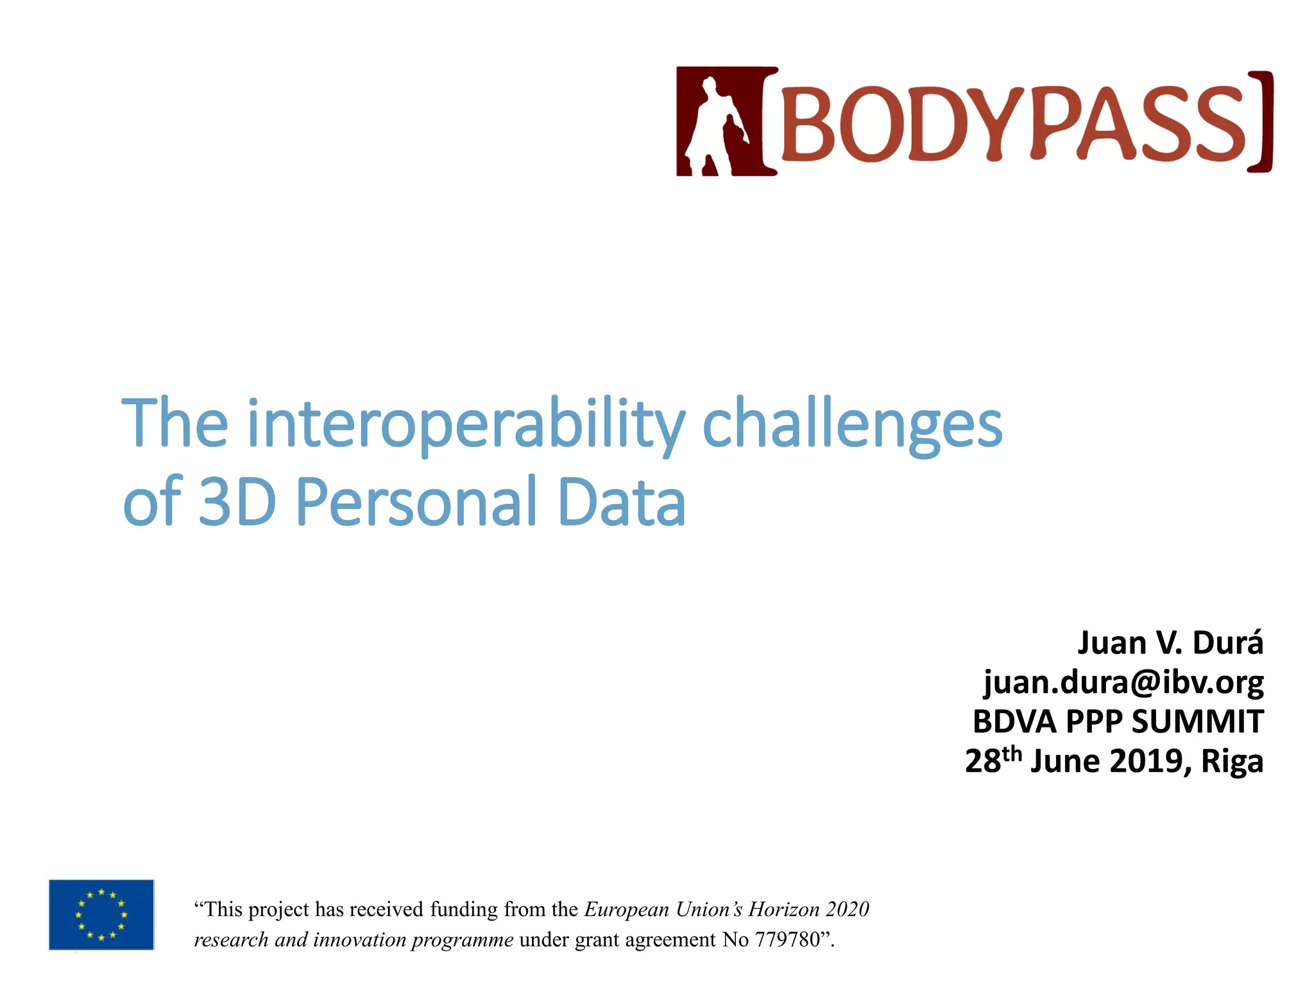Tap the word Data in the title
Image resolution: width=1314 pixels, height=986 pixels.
(622, 502)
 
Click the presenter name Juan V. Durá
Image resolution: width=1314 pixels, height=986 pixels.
(1170, 643)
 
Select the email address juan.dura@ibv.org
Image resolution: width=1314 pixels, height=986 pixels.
(1123, 682)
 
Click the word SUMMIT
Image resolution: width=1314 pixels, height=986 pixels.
(1197, 722)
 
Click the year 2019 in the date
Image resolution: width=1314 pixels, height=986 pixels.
(1146, 761)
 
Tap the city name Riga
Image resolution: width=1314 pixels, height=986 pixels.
(1232, 762)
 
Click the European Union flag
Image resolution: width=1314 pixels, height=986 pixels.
(101, 915)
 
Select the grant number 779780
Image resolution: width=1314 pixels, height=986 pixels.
(787, 940)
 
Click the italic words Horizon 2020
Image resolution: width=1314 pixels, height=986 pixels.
(808, 910)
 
